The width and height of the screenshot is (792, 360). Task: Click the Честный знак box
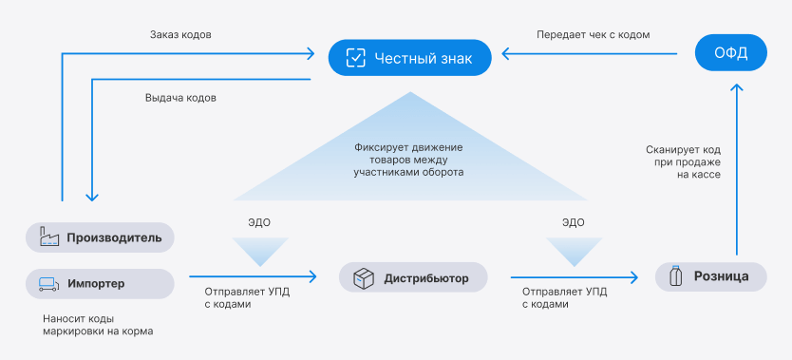tap(409, 58)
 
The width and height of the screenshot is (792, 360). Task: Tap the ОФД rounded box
tap(731, 52)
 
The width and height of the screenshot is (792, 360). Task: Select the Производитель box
tap(100, 237)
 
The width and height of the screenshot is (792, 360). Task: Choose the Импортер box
tap(100, 284)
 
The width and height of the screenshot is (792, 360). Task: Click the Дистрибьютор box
tap(413, 277)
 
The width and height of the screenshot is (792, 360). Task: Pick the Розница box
tap(711, 276)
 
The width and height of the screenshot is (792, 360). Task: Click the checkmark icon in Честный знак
tap(355, 58)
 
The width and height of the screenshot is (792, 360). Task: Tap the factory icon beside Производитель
tap(49, 237)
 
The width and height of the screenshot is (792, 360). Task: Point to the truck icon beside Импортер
tap(49, 284)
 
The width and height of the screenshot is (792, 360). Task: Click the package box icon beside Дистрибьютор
tap(363, 278)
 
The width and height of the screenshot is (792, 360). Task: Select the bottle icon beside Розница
tap(675, 276)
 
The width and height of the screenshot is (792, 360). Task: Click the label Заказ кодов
tap(180, 35)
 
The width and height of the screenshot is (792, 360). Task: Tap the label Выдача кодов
tap(180, 98)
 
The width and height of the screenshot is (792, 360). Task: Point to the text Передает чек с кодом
tap(593, 35)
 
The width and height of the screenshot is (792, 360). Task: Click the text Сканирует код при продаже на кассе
tap(684, 162)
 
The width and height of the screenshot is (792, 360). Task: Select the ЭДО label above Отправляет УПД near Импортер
tap(259, 222)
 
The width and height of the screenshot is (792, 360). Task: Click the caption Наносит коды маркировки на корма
tap(98, 326)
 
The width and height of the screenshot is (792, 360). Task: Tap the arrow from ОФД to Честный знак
tap(589, 53)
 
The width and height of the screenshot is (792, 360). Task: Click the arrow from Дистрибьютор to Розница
tap(575, 277)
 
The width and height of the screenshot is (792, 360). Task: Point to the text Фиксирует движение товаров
tap(408, 155)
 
